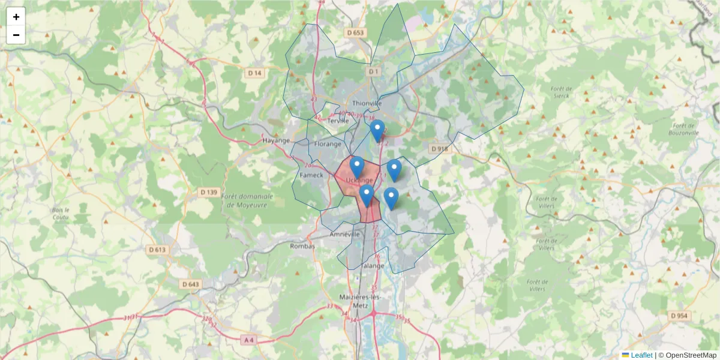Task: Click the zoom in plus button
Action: coord(16,17)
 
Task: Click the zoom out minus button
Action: coord(16,35)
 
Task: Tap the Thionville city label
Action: coord(367,103)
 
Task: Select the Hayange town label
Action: coord(276,140)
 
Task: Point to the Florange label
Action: coord(328,144)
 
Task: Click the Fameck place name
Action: coord(311,175)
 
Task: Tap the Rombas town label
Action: coord(302,246)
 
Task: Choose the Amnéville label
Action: coord(344,235)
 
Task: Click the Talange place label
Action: coord(373,266)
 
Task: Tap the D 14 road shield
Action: coord(255,73)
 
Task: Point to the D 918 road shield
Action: coord(439,148)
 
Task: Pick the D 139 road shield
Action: coord(208,192)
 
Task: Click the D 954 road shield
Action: coord(679,316)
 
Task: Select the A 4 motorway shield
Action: coord(248,340)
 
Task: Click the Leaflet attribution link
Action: coord(641,355)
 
